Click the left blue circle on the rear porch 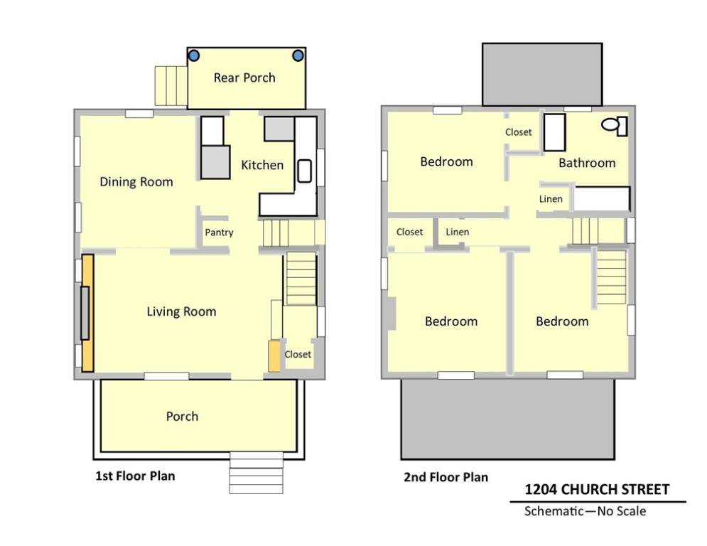click(x=193, y=55)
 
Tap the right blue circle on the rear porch click(x=298, y=55)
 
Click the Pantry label click(x=219, y=232)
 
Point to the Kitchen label click(x=262, y=165)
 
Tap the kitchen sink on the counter click(x=305, y=171)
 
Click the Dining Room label click(x=136, y=182)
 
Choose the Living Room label click(x=181, y=311)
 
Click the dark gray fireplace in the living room click(x=85, y=313)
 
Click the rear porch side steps click(x=171, y=86)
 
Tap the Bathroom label click(x=587, y=163)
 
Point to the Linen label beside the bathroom click(x=551, y=199)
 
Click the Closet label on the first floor click(x=298, y=354)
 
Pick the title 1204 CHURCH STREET click(x=597, y=489)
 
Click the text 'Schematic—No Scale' click(x=585, y=510)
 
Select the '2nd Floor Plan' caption click(x=446, y=477)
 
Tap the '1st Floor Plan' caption click(x=135, y=476)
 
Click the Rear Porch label click(x=244, y=77)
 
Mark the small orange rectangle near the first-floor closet click(x=274, y=356)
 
